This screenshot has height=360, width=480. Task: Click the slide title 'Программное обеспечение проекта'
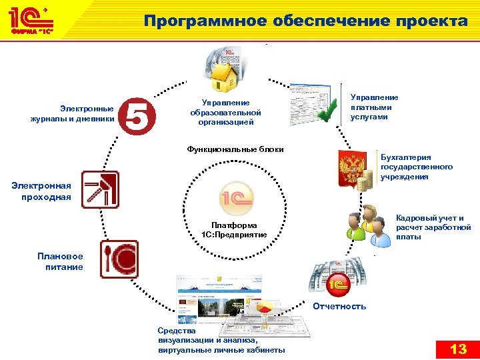[x=306, y=21]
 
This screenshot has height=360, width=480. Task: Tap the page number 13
[x=458, y=349]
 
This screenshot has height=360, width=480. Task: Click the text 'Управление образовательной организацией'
[x=225, y=113]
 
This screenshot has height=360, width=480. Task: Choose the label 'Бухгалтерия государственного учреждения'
[x=416, y=167]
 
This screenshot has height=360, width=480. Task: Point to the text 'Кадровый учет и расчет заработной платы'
[x=433, y=227]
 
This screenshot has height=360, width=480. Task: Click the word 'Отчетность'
[x=339, y=306]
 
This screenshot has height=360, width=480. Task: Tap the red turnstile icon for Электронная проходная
[x=100, y=190]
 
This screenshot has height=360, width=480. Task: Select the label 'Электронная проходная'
[x=41, y=191]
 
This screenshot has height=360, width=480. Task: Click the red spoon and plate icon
[x=119, y=258]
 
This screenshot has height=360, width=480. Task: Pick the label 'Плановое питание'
[x=61, y=261]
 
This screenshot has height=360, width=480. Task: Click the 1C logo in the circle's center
[x=237, y=197]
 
